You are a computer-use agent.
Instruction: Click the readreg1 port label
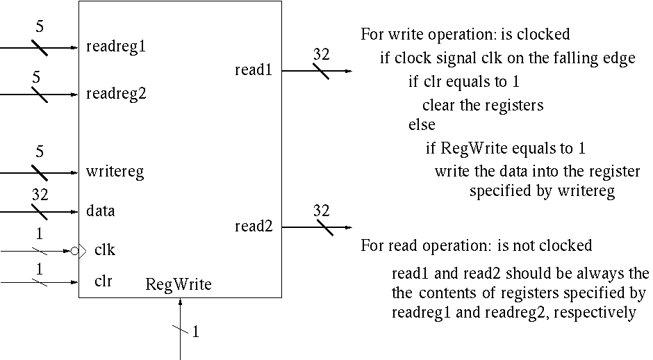116,47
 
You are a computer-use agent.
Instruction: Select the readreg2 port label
116,93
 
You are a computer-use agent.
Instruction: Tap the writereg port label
115,171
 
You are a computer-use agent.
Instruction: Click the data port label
101,210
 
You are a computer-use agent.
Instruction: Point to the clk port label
105,250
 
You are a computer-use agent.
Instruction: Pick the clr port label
103,281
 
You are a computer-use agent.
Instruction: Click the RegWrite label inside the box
179,284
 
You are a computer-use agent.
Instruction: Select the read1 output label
253,69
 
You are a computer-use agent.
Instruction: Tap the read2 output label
253,226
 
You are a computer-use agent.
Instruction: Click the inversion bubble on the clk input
74,250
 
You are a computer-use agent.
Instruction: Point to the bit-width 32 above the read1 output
321,55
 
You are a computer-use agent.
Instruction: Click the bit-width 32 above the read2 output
321,211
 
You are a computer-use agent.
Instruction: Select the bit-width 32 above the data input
40,195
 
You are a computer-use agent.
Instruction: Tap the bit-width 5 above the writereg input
40,152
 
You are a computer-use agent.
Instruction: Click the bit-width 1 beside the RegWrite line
196,332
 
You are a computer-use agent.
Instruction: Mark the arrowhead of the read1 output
348,71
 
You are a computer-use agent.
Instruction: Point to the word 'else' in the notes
422,125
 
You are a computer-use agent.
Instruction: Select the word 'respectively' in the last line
595,313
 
